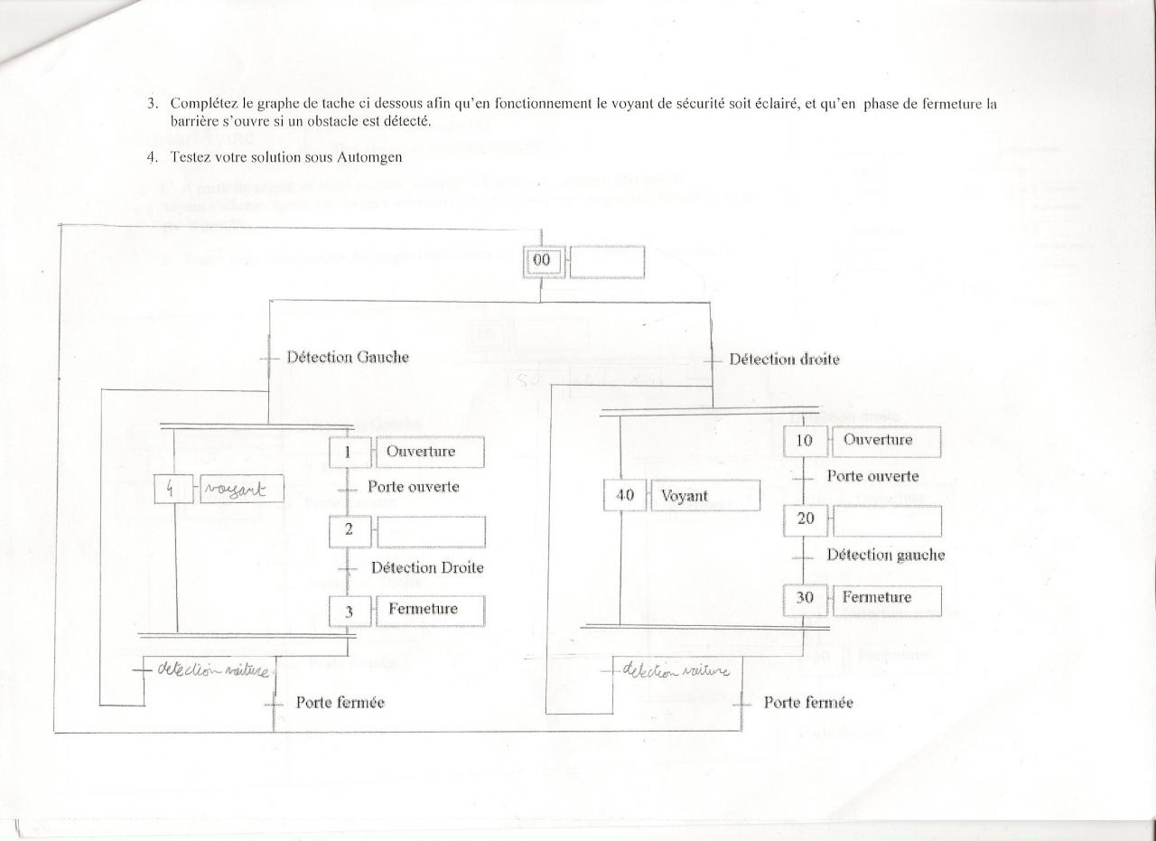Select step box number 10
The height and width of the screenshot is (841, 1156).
[x=806, y=441]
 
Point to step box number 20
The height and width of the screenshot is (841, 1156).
[x=806, y=519]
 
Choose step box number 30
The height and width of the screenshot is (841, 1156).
[x=806, y=598]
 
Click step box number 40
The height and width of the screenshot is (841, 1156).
[x=624, y=496]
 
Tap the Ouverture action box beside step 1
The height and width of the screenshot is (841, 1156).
[x=430, y=452]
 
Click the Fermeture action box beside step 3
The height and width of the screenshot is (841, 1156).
[x=430, y=610]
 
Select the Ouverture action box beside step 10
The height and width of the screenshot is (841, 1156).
[x=887, y=441]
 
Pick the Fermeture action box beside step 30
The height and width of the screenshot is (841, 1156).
[x=887, y=598]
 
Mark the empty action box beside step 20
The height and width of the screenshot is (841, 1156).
[x=887, y=521]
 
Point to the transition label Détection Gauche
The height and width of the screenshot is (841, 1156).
[x=347, y=357]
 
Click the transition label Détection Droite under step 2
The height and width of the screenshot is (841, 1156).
[x=426, y=568]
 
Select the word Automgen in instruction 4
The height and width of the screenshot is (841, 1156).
[x=371, y=157]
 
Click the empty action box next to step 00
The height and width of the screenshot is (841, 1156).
[x=607, y=262]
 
